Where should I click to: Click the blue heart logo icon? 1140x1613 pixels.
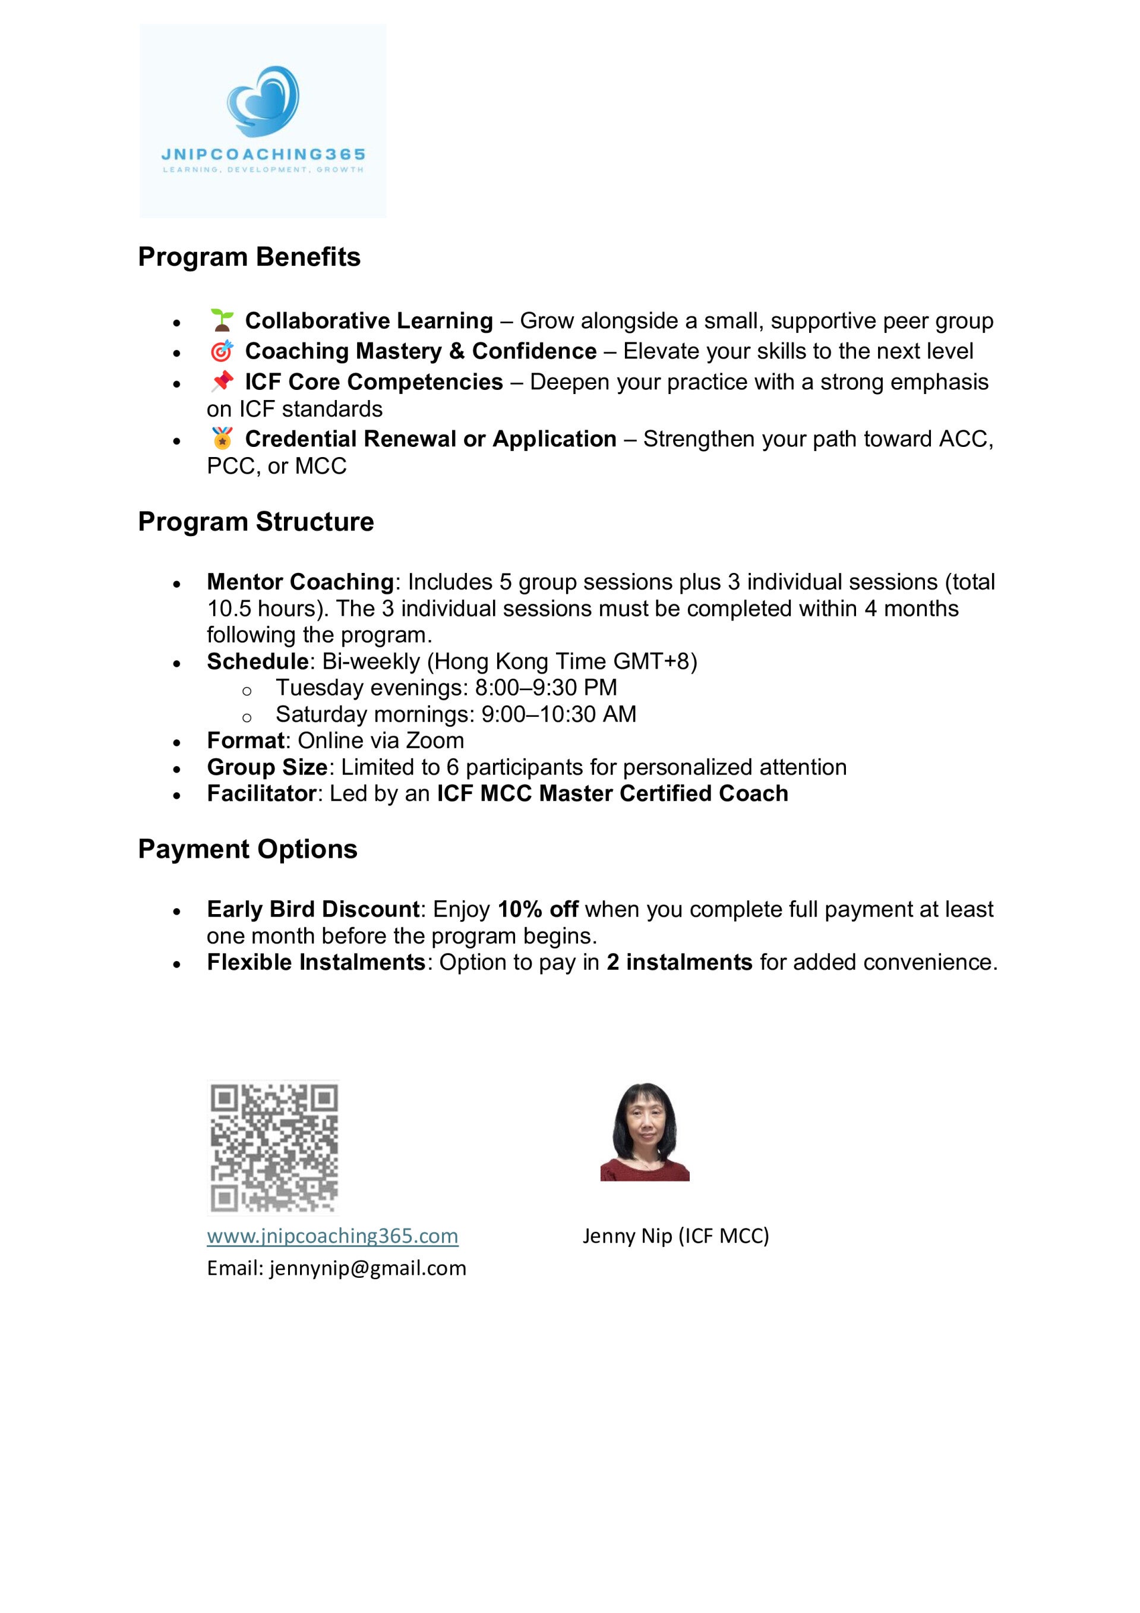point(263,101)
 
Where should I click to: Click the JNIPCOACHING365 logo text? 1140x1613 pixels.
point(263,154)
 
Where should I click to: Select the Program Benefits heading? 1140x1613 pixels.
point(249,257)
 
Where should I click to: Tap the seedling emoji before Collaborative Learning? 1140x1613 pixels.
point(222,320)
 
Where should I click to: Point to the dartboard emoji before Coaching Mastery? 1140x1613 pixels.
point(222,351)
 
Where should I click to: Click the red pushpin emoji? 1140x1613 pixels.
point(222,382)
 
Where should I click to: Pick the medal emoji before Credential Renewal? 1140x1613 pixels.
point(222,439)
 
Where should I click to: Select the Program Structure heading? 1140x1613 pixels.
point(255,522)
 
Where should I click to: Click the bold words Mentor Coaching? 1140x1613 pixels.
point(300,582)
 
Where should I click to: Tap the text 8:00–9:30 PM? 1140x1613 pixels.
point(546,687)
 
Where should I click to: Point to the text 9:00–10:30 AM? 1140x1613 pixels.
point(558,714)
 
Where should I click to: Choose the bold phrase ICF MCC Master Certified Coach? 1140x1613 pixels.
point(612,793)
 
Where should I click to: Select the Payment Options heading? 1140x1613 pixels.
point(247,849)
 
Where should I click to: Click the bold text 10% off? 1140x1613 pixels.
point(538,909)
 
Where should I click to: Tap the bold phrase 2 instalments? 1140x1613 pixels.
point(679,962)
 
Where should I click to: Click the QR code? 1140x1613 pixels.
point(274,1147)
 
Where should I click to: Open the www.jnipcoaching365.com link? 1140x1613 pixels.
point(332,1235)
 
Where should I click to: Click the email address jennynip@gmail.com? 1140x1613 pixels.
point(367,1268)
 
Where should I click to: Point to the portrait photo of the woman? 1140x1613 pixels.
point(644,1132)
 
